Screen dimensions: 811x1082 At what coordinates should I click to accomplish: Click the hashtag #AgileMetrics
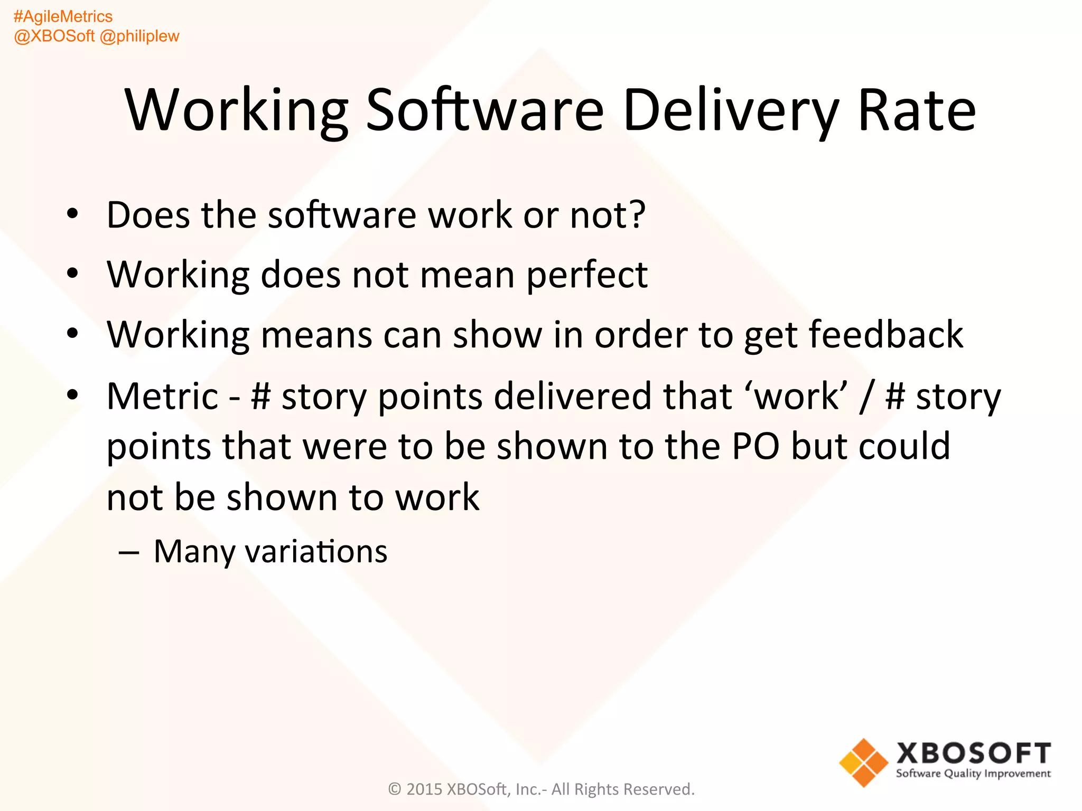(x=63, y=16)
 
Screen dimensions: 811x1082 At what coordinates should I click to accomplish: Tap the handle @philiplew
(x=139, y=36)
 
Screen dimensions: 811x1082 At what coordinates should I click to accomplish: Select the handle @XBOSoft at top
(x=54, y=36)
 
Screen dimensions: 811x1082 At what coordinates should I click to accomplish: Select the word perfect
(x=587, y=275)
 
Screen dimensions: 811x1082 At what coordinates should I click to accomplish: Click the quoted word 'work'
(x=796, y=396)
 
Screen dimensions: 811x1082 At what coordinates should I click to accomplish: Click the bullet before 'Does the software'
(x=72, y=215)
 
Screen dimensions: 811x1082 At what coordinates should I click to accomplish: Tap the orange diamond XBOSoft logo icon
(x=864, y=762)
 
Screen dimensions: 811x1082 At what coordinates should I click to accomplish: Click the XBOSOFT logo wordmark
(x=973, y=753)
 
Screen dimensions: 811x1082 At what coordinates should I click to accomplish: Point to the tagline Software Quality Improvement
(x=973, y=774)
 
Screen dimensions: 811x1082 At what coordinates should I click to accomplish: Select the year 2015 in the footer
(x=424, y=789)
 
